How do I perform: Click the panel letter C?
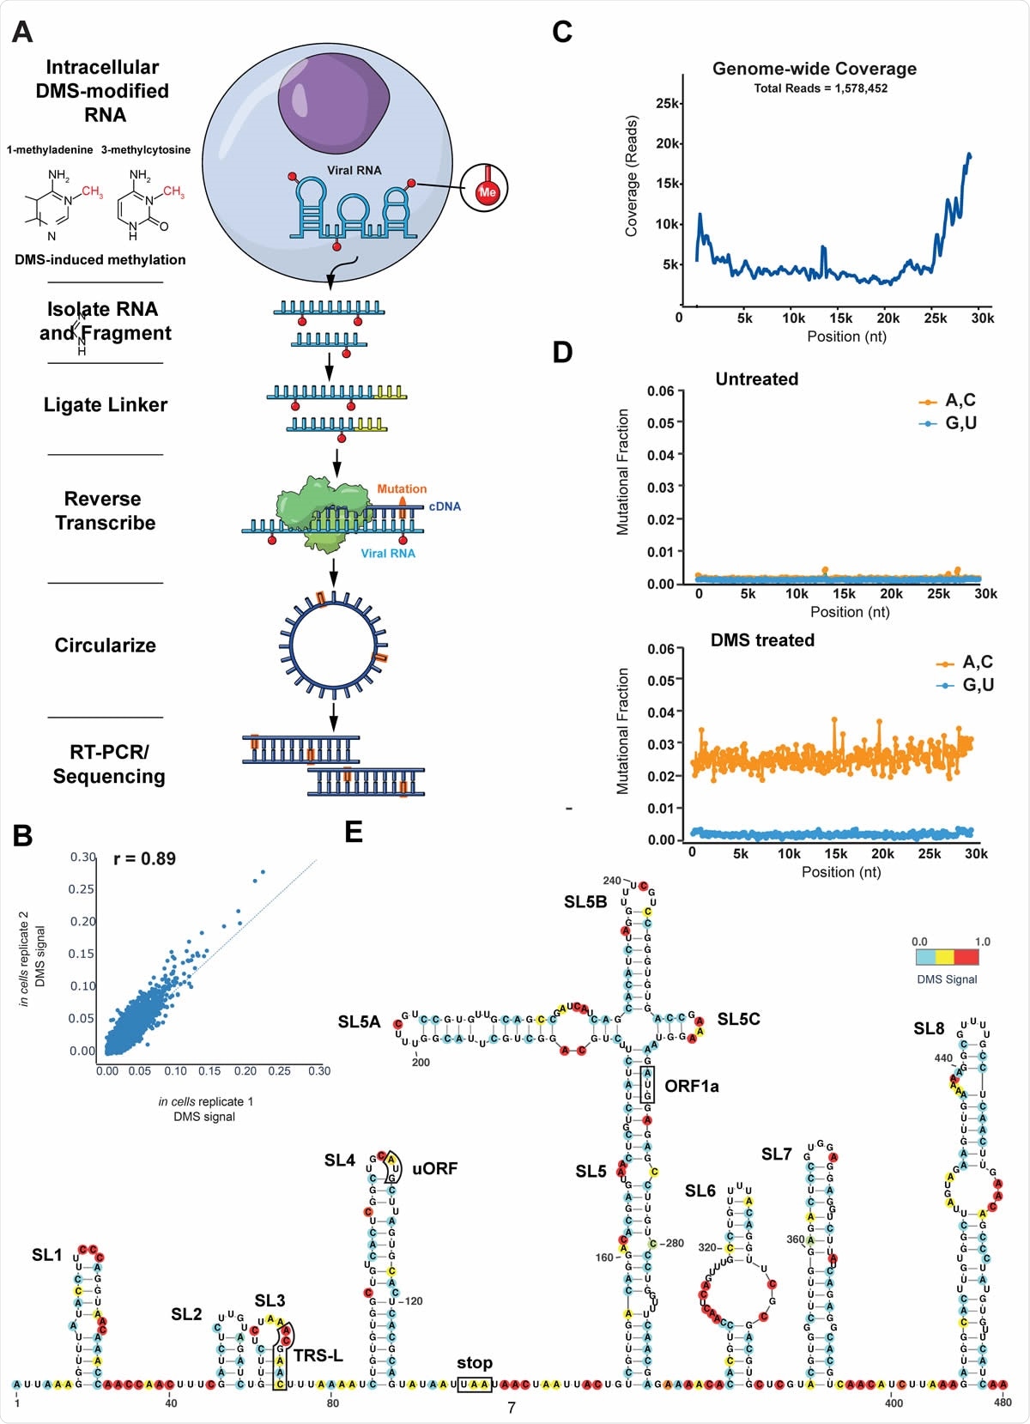coord(562,33)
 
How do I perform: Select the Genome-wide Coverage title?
coord(814,69)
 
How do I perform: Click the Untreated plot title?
coord(756,379)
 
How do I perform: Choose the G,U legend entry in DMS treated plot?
coord(977,684)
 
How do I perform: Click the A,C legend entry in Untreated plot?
coord(960,400)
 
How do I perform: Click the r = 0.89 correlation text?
coord(144,858)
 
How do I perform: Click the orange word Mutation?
coord(402,488)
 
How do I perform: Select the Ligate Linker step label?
coord(106,405)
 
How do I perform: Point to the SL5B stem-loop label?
coord(585,901)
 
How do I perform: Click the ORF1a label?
coord(691,1086)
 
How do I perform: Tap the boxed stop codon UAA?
coord(475,1384)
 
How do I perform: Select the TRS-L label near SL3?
coord(318,1355)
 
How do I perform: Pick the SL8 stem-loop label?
coord(929,1028)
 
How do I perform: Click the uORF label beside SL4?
coord(434,1168)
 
